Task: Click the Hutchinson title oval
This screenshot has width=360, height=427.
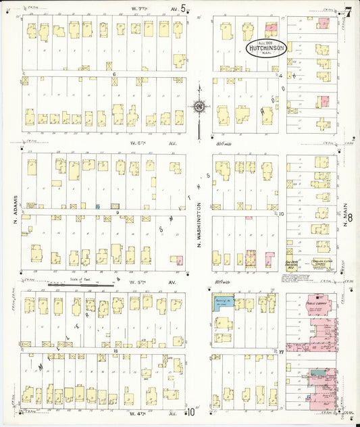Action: [266, 48]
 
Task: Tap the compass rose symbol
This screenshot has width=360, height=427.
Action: [199, 106]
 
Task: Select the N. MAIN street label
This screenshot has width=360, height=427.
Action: [345, 217]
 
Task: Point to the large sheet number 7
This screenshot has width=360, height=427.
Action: [348, 11]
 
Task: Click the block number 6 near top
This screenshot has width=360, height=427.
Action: [115, 74]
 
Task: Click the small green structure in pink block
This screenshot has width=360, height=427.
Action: [317, 372]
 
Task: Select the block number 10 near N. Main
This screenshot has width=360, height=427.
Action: [282, 214]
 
